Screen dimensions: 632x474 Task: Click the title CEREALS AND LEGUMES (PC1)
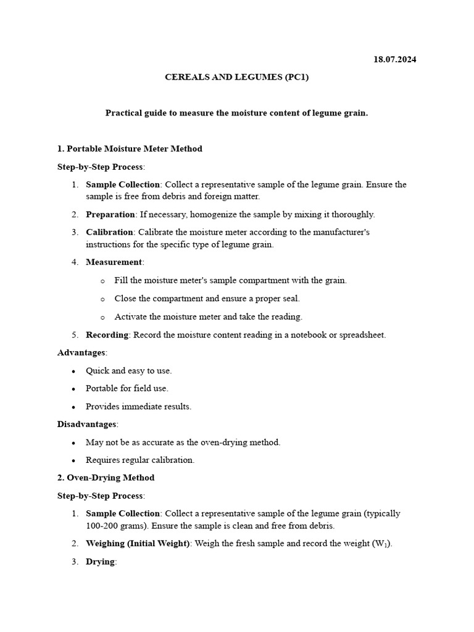tap(236, 77)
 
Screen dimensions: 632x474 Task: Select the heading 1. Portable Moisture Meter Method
tap(130, 149)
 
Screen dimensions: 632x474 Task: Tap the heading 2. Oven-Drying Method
tap(106, 478)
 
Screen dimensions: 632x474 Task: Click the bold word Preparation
tap(110, 214)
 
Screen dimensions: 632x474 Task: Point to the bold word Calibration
tap(110, 232)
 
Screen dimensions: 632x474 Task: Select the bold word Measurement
tap(114, 262)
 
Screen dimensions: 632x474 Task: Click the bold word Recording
tap(107, 335)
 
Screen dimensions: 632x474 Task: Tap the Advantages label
tap(81, 352)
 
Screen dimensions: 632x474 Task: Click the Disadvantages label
tap(86, 424)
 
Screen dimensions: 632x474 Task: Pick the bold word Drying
tap(101, 562)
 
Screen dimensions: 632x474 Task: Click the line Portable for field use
tap(127, 388)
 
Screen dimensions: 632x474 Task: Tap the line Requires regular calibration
tap(140, 460)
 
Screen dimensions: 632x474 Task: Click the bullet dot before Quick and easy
tap(74, 371)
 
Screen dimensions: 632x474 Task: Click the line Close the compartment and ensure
tap(207, 298)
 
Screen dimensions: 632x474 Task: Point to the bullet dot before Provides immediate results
tap(74, 407)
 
